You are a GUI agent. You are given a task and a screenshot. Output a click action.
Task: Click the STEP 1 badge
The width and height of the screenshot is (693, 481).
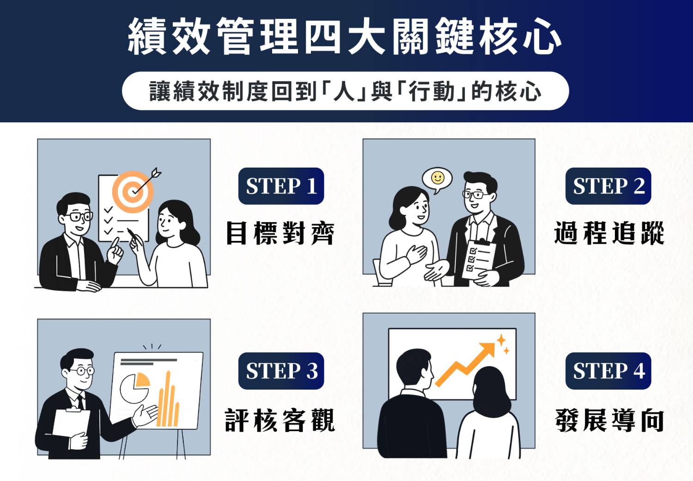[281, 186]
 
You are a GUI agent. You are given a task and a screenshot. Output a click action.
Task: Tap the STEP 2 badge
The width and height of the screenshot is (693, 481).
[608, 186]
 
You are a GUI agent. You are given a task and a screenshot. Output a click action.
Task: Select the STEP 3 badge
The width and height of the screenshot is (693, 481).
[281, 371]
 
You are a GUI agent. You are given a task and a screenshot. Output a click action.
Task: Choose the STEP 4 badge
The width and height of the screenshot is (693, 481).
[608, 371]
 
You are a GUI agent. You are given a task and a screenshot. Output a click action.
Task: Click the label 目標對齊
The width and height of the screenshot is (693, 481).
[280, 233]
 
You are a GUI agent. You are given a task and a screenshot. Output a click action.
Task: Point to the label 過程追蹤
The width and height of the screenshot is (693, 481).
[609, 233]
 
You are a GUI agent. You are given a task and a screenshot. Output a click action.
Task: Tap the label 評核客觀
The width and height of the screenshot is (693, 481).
[280, 420]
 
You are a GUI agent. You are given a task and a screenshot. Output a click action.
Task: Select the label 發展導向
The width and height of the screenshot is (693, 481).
[609, 420]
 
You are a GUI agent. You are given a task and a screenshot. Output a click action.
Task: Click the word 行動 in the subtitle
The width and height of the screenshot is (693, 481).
[432, 91]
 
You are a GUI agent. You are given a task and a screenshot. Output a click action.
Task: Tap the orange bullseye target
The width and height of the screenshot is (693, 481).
[133, 192]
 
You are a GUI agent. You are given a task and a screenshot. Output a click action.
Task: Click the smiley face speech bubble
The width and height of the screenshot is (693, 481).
[437, 179]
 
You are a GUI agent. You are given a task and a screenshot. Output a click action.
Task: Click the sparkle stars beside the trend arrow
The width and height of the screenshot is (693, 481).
[503, 344]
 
